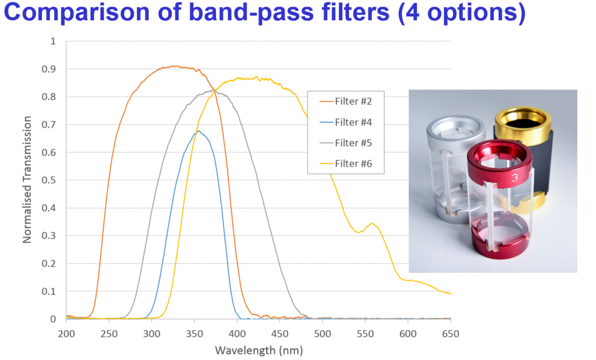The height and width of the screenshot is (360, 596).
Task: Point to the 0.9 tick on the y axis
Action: [53, 69]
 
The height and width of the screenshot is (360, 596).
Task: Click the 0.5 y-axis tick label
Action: [53, 180]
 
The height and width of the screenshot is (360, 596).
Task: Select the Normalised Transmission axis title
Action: [27, 180]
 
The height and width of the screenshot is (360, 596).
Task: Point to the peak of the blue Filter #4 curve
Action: [198, 131]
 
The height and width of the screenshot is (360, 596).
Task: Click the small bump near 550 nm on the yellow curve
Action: [372, 223]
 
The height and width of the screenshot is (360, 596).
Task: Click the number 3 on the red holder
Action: [515, 178]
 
